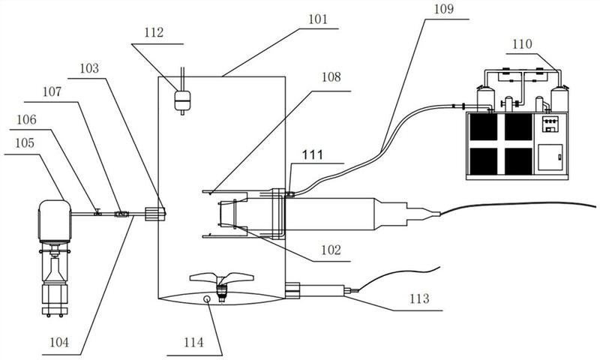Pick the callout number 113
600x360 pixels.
419,299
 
